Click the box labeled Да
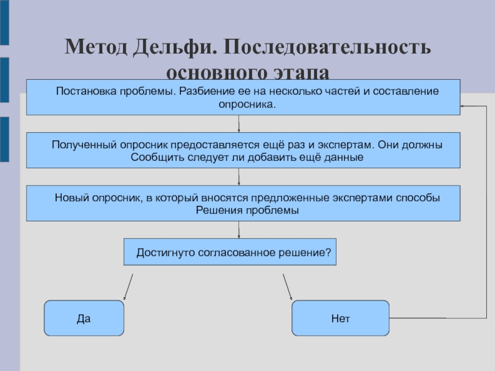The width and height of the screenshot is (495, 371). [84, 318]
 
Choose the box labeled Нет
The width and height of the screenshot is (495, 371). [340, 318]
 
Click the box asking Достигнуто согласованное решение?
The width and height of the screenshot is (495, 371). [230, 252]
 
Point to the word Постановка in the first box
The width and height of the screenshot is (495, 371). [81, 91]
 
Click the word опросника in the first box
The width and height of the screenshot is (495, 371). [246, 104]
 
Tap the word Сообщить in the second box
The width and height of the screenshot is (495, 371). [155, 157]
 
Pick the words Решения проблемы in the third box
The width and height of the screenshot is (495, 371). [247, 210]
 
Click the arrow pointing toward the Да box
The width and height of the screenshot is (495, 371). [128, 287]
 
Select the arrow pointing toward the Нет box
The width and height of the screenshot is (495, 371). [288, 287]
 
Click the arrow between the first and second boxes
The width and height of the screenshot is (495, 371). [239, 124]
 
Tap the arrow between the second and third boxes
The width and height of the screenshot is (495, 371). [239, 177]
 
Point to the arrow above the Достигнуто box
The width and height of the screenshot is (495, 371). [239, 230]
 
